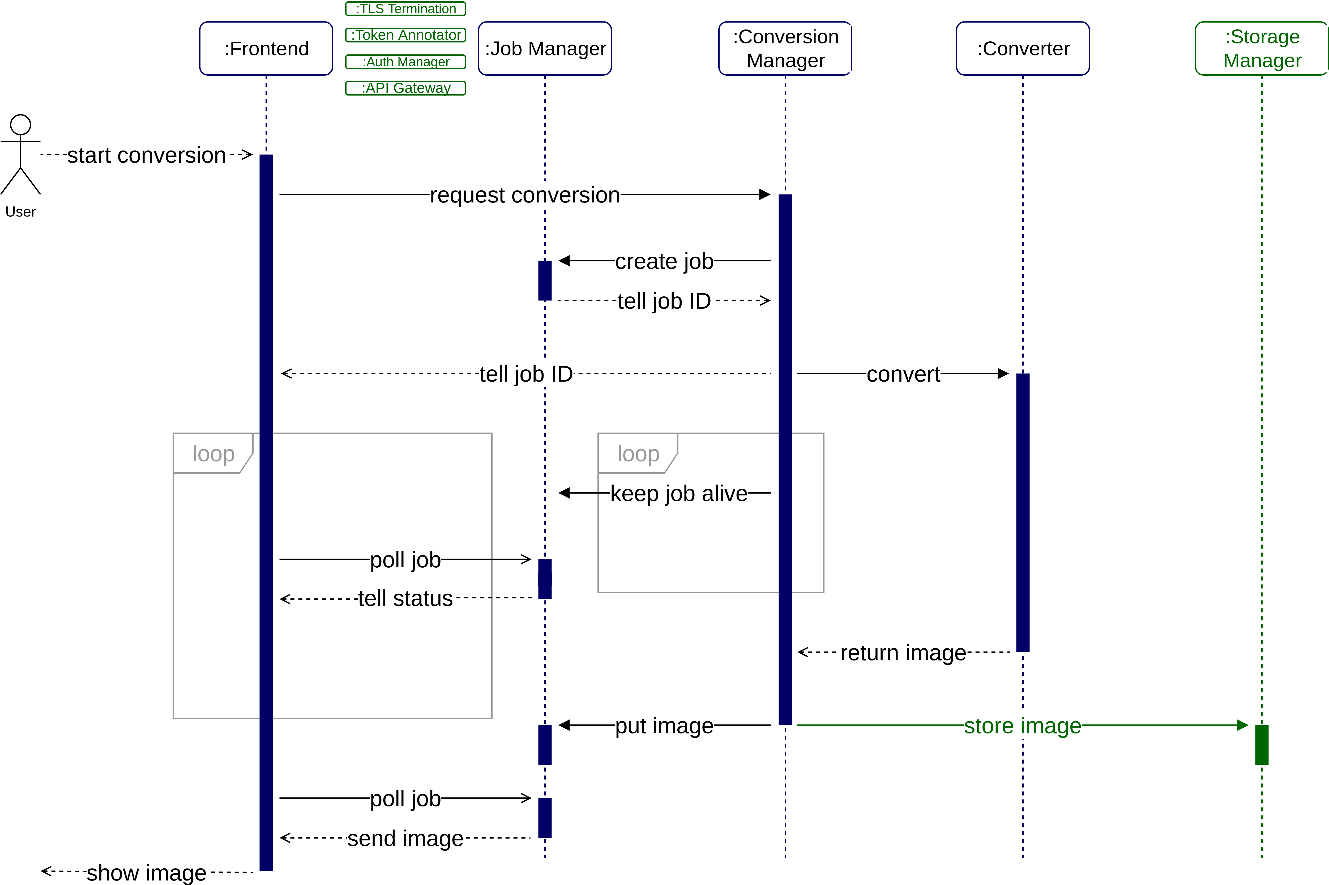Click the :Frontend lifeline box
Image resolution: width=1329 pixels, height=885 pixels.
[266, 49]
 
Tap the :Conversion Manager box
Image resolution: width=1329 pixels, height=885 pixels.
[785, 49]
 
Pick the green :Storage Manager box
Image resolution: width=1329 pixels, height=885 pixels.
[1262, 49]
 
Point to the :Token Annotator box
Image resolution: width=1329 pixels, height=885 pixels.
[405, 35]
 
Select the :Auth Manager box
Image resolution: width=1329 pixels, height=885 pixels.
[405, 62]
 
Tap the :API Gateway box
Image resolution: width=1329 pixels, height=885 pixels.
[405, 88]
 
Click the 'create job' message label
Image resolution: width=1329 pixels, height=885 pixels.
[664, 261]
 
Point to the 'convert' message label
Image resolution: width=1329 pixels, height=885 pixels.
[903, 374]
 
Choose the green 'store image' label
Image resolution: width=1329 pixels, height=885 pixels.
[1022, 726]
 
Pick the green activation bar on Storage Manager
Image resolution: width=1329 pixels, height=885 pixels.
[1262, 745]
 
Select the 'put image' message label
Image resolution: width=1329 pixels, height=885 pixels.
[664, 726]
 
